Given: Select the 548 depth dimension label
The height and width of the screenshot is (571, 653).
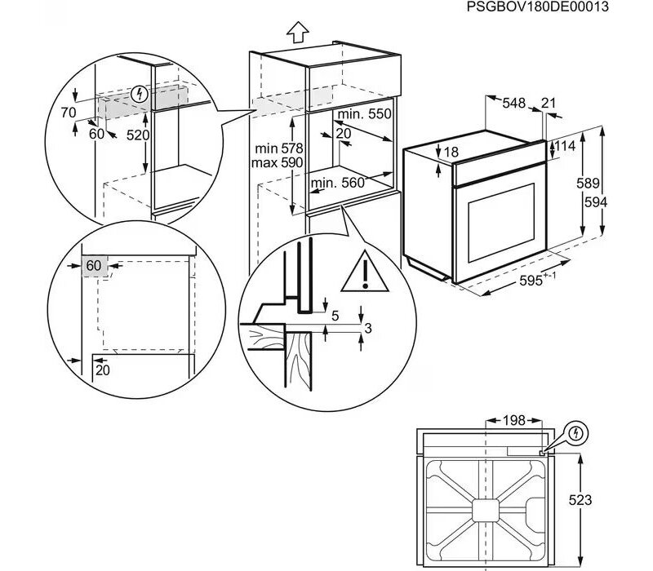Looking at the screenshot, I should coord(513,103).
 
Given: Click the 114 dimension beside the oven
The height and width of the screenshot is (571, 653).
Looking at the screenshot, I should coord(566,146).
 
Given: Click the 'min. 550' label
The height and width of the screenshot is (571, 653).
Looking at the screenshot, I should coord(365,115).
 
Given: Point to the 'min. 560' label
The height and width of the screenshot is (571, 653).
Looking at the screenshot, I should coord(337,183).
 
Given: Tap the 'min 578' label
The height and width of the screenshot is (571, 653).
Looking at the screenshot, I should coord(278,148).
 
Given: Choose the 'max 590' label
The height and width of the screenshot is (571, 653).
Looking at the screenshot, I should coord(278,163).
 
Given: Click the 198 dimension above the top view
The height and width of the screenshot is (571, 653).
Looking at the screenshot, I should coord(514,420).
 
